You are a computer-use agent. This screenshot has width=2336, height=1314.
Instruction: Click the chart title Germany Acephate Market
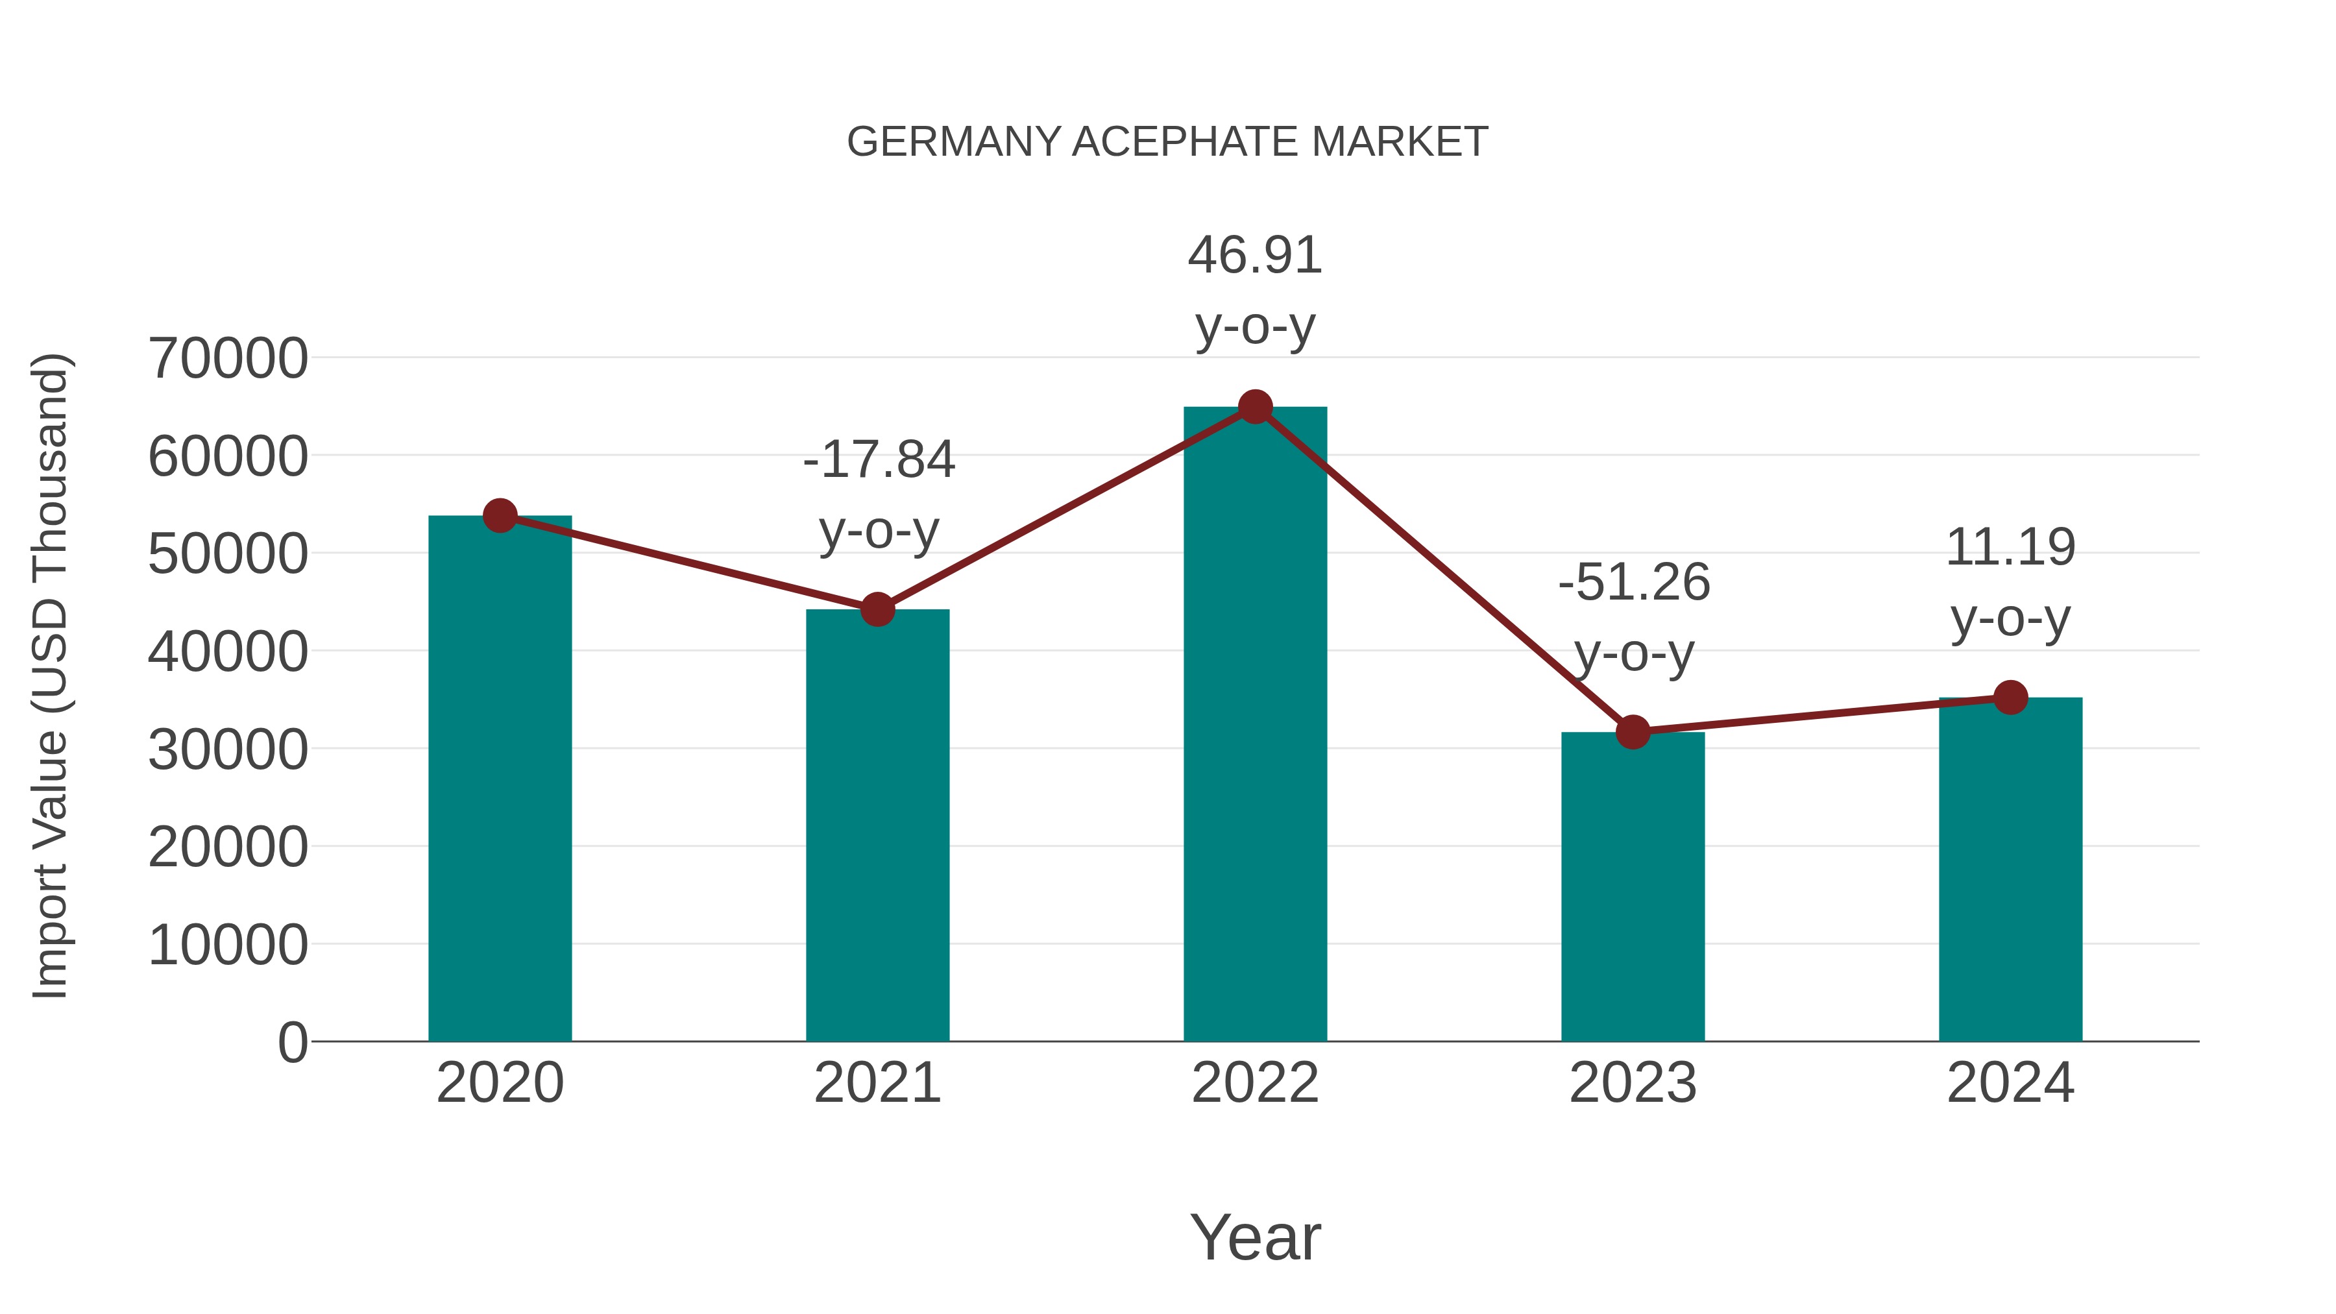pyautogui.click(x=1167, y=142)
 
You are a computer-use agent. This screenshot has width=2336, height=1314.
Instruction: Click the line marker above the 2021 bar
pyautogui.click(x=877, y=609)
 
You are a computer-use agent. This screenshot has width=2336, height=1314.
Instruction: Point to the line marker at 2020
pyautogui.click(x=500, y=516)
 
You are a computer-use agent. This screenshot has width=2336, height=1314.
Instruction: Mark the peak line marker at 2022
pyautogui.click(x=1255, y=407)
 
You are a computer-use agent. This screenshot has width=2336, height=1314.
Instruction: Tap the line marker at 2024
pyautogui.click(x=2010, y=698)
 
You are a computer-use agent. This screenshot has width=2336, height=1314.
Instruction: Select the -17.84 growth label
pyautogui.click(x=879, y=460)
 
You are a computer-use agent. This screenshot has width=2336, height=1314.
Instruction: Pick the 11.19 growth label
pyautogui.click(x=2010, y=548)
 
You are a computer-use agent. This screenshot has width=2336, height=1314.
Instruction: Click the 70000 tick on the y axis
pyautogui.click(x=228, y=358)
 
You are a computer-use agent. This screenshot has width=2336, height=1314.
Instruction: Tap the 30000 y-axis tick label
pyautogui.click(x=228, y=750)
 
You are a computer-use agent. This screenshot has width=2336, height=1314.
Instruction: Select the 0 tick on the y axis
pyautogui.click(x=293, y=1042)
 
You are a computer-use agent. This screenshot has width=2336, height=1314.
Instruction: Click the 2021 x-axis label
pyautogui.click(x=877, y=1083)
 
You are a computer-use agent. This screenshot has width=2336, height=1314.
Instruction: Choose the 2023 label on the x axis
pyautogui.click(x=1633, y=1083)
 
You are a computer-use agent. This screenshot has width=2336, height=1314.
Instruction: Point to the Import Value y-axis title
pyautogui.click(x=50, y=675)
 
